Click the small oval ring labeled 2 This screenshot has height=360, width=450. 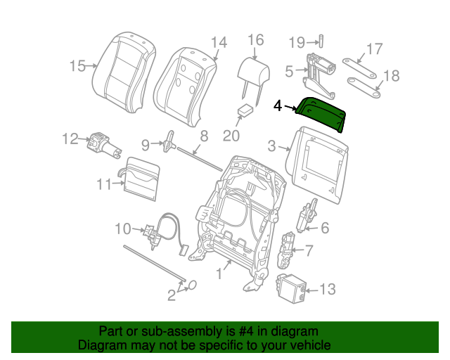click(x=191, y=285)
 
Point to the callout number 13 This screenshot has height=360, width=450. click(x=328, y=288)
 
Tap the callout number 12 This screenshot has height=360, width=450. click(x=70, y=139)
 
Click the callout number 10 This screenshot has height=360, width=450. click(x=122, y=228)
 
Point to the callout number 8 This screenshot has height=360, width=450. click(x=203, y=136)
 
